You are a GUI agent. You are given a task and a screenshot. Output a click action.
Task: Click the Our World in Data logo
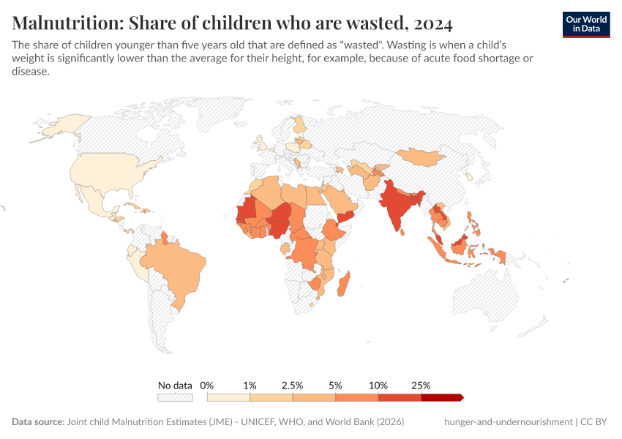(x=585, y=24)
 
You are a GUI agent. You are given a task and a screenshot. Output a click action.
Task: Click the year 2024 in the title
(x=432, y=23)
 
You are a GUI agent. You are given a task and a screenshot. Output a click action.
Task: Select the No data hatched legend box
(x=175, y=397)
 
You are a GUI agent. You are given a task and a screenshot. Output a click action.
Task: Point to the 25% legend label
(x=421, y=385)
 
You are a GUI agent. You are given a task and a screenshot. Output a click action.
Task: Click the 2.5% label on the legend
(x=293, y=385)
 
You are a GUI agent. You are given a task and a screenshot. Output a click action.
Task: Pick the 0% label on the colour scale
(x=207, y=385)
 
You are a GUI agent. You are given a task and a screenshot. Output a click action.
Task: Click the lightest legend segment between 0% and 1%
(x=228, y=397)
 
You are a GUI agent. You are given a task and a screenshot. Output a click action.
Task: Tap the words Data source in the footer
(x=37, y=422)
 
